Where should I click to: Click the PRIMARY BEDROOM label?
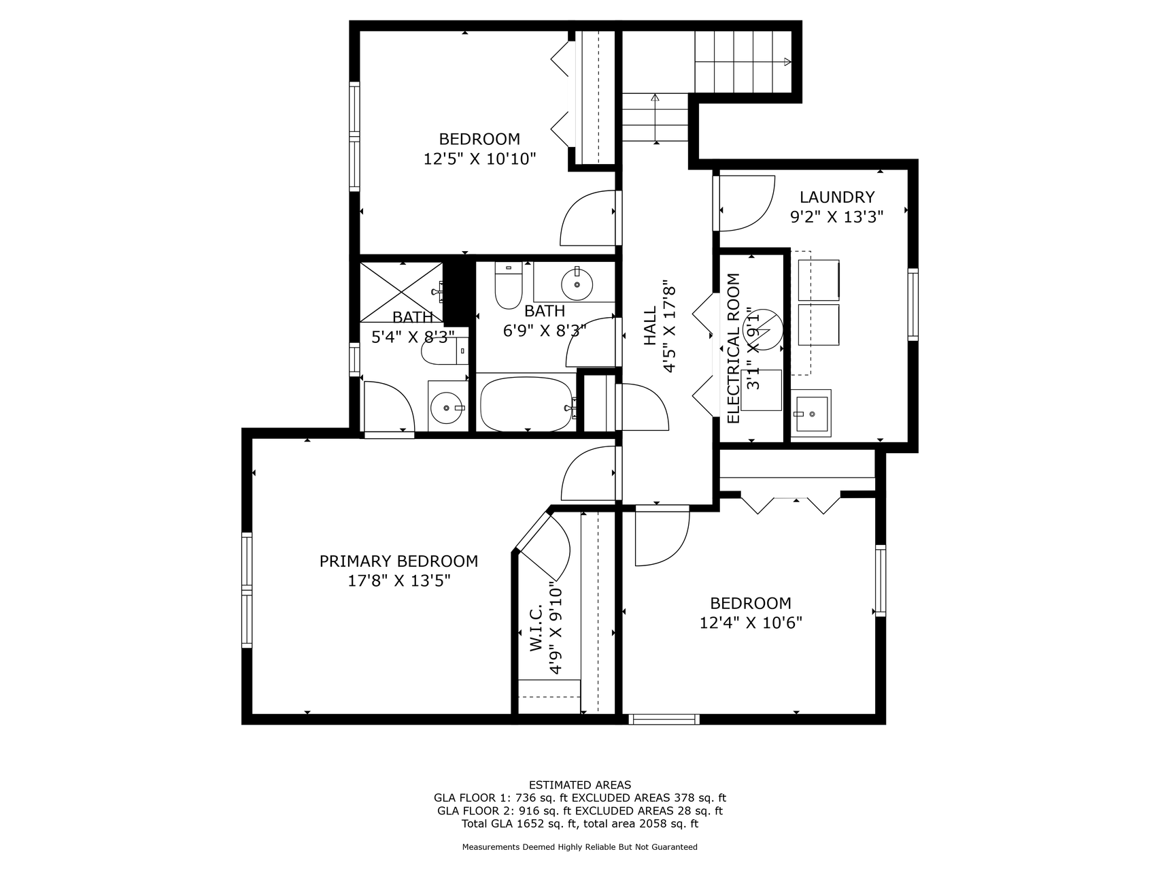coord(398,561)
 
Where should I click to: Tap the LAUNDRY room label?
coord(836,197)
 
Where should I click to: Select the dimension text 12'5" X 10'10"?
coord(479,159)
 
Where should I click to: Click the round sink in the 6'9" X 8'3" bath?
coord(577,284)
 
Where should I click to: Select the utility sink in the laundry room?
coord(811,412)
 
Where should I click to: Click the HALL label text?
coord(651,325)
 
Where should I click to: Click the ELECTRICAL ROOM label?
coord(734,348)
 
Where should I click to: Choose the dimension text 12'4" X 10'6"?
coord(751,623)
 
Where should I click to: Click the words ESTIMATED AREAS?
coord(579,785)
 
